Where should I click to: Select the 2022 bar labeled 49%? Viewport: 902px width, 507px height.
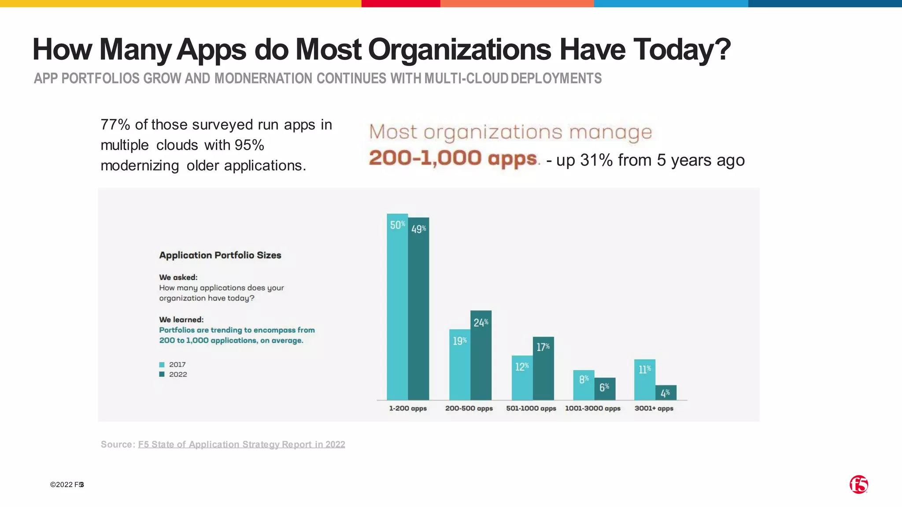point(418,309)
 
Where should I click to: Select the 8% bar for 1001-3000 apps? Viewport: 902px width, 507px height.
point(584,385)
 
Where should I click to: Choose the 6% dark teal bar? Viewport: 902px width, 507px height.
point(605,389)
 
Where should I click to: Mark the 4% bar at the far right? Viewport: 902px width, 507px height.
point(666,393)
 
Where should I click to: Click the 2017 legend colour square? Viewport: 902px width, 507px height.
point(162,364)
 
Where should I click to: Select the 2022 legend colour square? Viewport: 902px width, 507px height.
point(162,375)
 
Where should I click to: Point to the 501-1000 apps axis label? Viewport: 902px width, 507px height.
point(531,408)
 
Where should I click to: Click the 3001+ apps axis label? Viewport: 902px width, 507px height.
point(654,408)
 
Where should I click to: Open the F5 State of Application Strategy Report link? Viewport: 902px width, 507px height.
point(241,445)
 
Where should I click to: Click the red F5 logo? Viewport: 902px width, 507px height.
point(858,485)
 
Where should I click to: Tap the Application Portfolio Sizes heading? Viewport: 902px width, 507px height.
point(220,255)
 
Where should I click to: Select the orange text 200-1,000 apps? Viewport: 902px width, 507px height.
point(453,158)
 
